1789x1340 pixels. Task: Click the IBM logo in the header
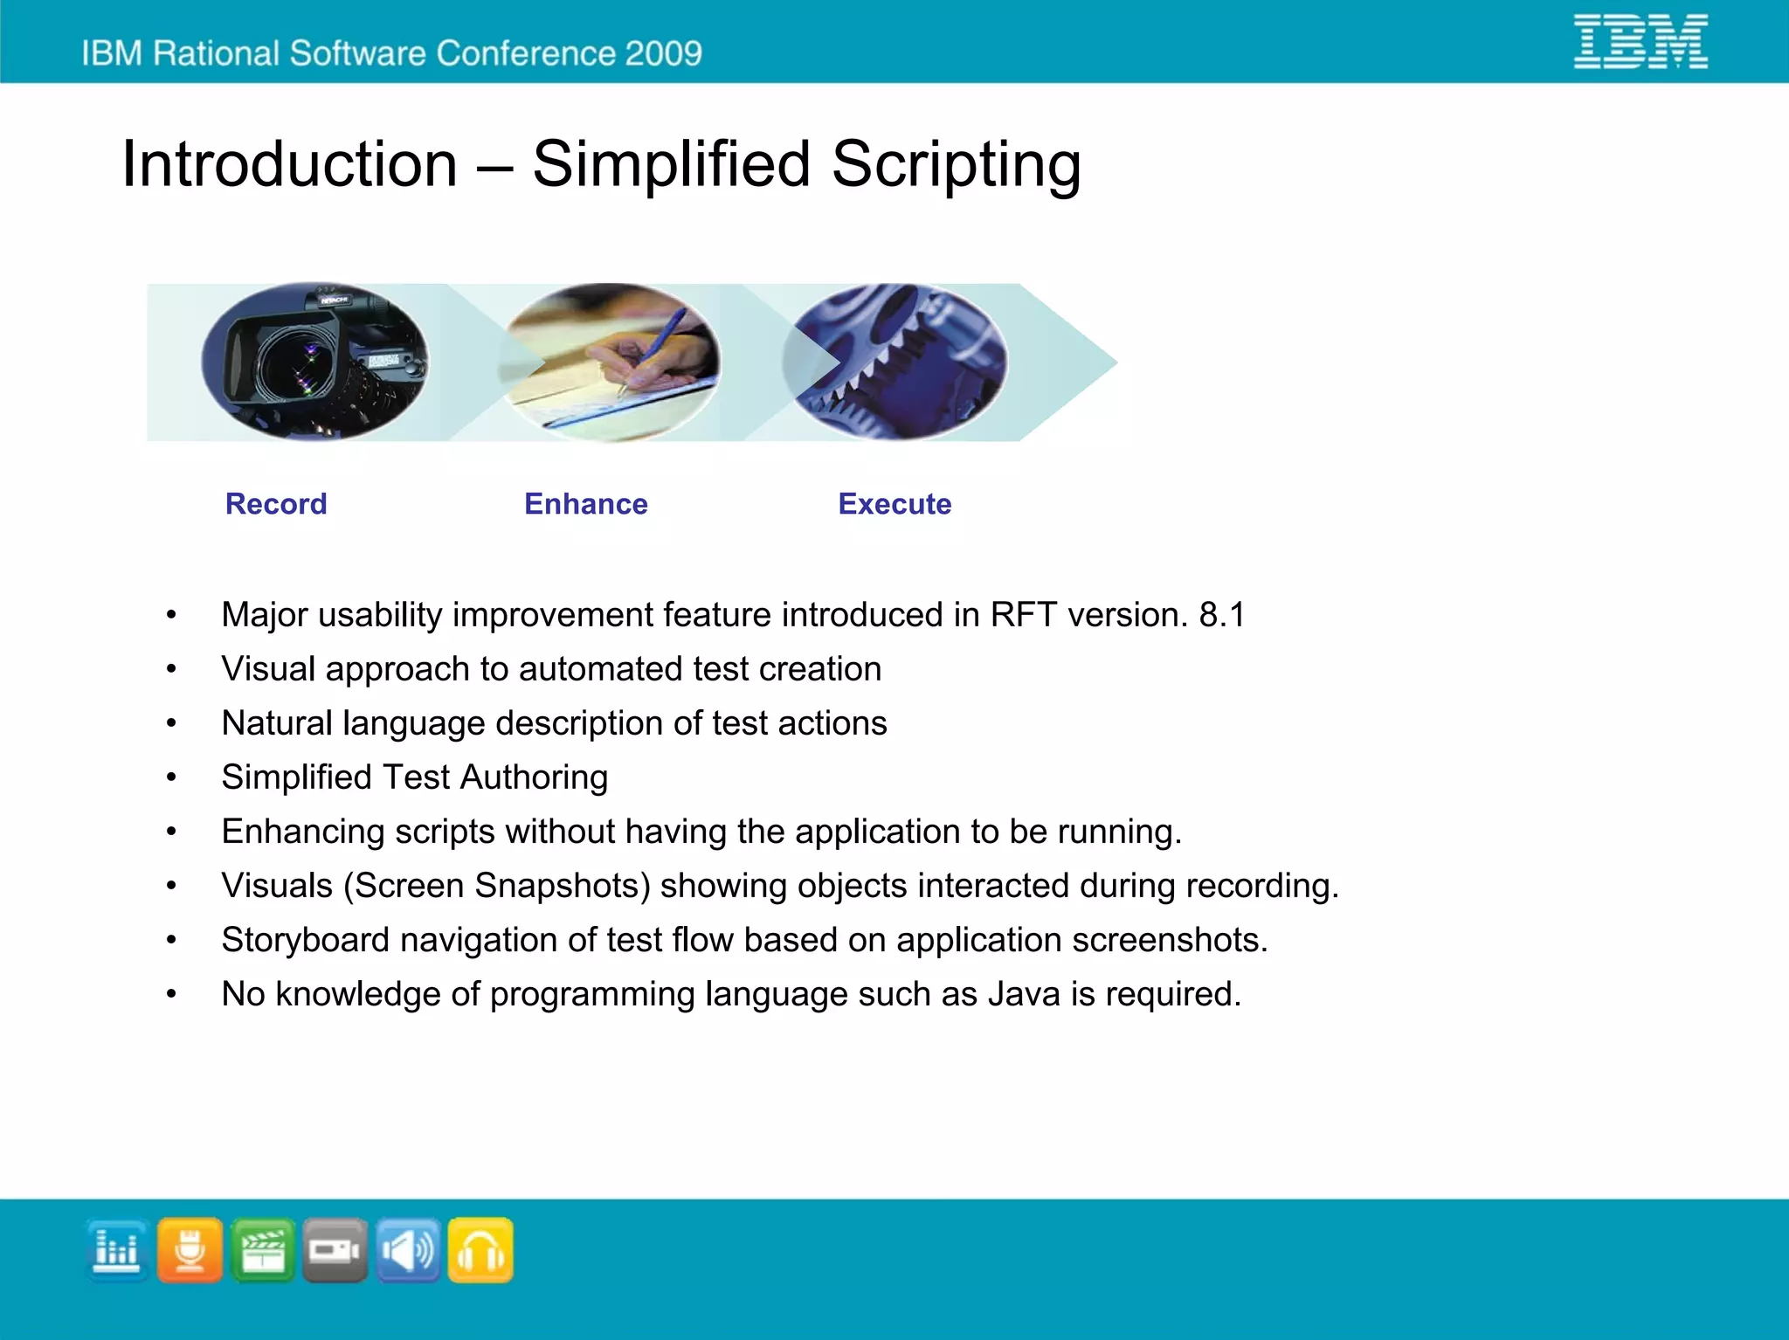1640,41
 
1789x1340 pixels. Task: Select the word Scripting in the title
956,164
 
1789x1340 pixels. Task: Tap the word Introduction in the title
289,164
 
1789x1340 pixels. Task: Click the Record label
276,504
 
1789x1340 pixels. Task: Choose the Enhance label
585,504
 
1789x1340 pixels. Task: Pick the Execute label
894,504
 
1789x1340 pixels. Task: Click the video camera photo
314,362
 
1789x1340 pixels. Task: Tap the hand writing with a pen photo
611,362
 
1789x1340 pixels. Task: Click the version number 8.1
1221,615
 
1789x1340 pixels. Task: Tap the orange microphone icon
190,1250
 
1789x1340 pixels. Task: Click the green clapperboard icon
263,1250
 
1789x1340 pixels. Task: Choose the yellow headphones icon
480,1250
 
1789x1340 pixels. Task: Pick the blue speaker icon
408,1250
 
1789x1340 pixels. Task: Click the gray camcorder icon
335,1250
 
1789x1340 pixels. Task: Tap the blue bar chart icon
117,1250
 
